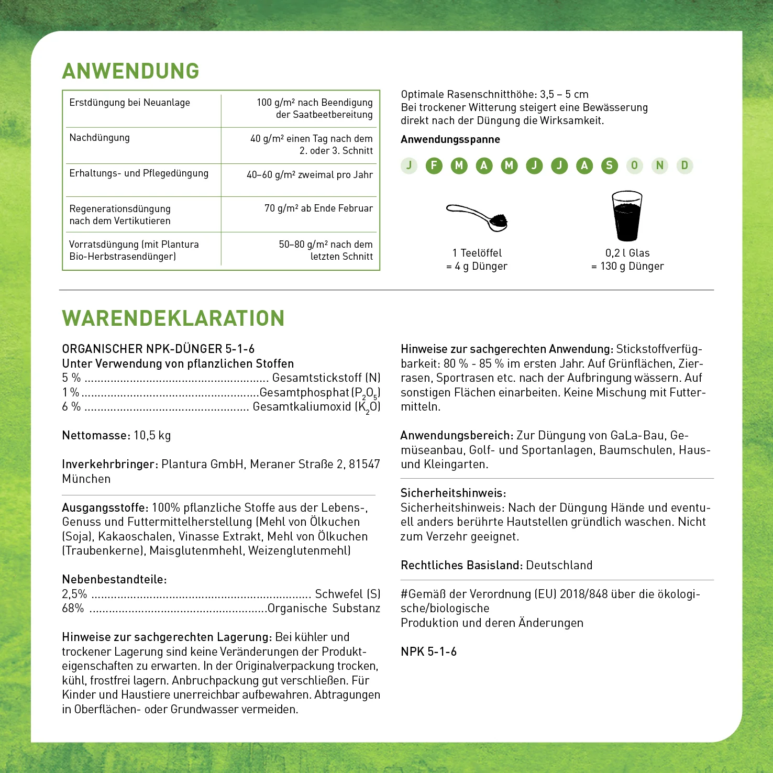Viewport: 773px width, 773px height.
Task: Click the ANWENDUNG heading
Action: click(130, 71)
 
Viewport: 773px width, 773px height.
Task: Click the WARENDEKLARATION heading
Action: click(173, 318)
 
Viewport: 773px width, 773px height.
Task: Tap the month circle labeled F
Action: click(434, 165)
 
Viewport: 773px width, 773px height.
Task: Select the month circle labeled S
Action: click(609, 165)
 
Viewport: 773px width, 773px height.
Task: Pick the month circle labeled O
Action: click(634, 165)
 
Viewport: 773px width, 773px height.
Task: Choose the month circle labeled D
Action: click(684, 165)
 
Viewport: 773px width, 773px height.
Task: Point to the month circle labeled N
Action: click(659, 165)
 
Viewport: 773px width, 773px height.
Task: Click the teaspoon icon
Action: click(478, 216)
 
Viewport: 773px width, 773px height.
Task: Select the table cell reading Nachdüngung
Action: click(100, 138)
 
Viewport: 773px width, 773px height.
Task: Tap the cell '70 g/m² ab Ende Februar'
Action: click(318, 208)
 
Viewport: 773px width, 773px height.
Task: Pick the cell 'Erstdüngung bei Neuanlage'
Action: click(129, 103)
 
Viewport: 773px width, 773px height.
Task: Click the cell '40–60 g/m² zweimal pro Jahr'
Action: click(310, 175)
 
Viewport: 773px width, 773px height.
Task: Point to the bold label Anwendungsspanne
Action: click(450, 139)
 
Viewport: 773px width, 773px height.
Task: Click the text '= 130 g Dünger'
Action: click(627, 266)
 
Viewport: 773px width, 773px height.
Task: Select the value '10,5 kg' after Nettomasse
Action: click(152, 435)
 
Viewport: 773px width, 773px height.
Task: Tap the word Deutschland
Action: click(559, 565)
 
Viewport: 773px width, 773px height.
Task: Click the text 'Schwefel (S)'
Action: click(347, 594)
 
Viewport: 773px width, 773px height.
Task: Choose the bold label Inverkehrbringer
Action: click(109, 464)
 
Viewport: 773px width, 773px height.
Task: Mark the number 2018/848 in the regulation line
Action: click(583, 594)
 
